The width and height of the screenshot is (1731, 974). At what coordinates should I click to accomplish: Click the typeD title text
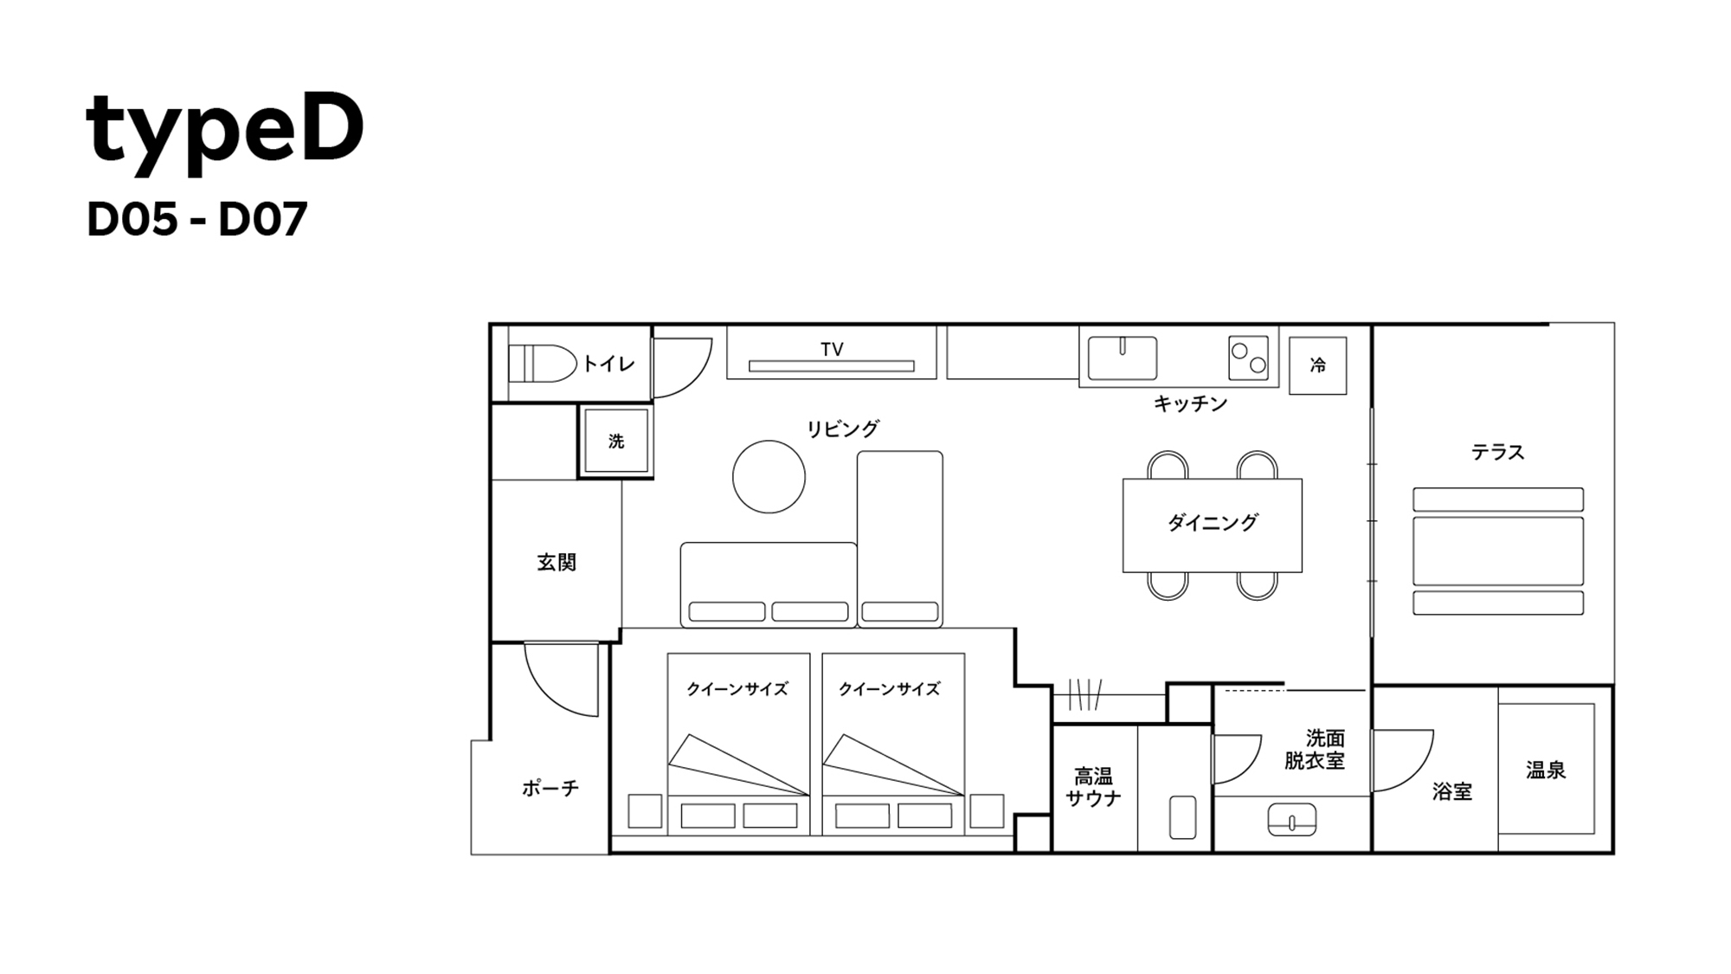[x=225, y=130]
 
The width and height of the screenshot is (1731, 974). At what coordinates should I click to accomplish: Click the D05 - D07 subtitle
[x=197, y=220]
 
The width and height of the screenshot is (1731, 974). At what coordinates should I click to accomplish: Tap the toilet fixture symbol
[x=542, y=364]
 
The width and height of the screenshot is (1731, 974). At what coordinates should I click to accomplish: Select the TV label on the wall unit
[x=832, y=349]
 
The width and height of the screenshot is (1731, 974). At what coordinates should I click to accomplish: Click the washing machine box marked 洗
[x=616, y=442]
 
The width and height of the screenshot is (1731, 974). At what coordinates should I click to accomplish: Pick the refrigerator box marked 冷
[x=1317, y=365]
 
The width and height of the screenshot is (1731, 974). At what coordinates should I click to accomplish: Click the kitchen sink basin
[x=1122, y=358]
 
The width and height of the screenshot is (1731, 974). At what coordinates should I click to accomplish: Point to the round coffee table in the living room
[x=769, y=476]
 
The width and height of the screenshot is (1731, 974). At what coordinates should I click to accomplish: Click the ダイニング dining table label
[x=1212, y=522]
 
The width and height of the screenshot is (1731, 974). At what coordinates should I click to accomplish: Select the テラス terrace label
[x=1497, y=452]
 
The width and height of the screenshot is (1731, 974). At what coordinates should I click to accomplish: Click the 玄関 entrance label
[x=557, y=563]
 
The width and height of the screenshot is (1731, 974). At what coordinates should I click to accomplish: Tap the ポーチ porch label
[x=550, y=788]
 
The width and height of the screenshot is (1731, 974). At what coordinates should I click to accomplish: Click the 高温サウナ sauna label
[x=1094, y=787]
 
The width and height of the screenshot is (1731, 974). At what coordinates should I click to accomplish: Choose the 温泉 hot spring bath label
[x=1546, y=770]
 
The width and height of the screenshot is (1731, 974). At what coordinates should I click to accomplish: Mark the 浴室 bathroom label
[x=1451, y=791]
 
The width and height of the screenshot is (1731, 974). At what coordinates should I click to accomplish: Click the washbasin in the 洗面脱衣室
[x=1291, y=819]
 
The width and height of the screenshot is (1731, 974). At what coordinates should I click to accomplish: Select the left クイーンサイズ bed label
[x=737, y=689]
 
